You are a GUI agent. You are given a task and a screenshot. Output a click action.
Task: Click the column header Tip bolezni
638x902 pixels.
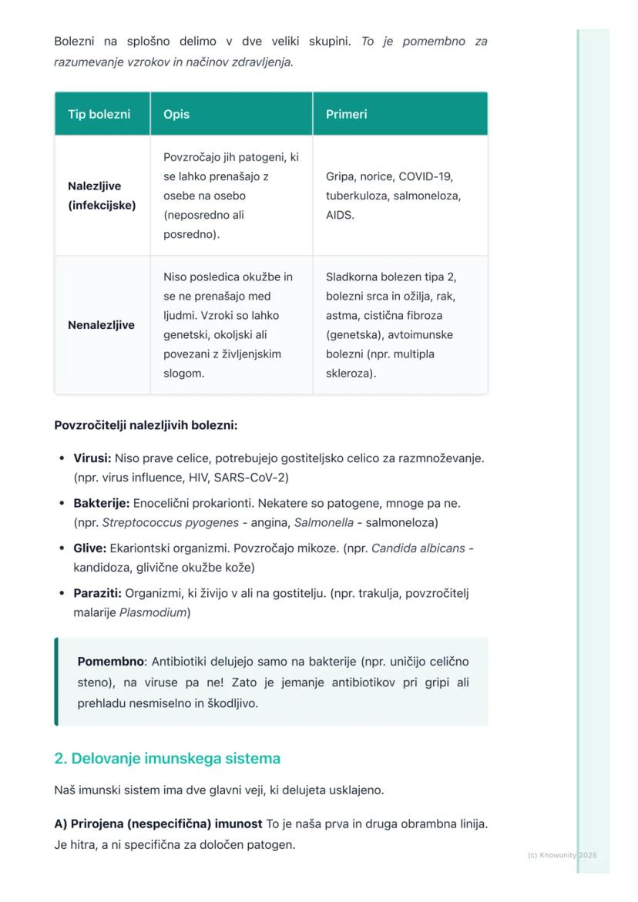tap(99, 114)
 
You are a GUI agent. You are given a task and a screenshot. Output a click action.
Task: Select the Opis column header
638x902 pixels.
tap(176, 114)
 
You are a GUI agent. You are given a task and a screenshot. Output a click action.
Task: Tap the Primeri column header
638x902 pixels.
tap(346, 114)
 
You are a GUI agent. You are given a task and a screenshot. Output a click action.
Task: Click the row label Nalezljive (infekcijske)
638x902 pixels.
tap(101, 196)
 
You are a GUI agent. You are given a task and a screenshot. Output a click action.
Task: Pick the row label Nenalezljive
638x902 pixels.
tap(101, 325)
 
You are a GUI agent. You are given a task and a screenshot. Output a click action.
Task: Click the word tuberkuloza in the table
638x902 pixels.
tap(357, 196)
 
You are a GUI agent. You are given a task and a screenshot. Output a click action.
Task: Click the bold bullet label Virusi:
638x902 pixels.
tap(92, 458)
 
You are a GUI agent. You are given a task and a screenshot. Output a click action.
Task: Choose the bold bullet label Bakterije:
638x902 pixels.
tap(101, 503)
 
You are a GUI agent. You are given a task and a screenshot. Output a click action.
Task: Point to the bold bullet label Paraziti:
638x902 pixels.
tap(97, 593)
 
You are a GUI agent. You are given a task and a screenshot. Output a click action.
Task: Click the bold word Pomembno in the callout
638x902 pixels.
tap(111, 662)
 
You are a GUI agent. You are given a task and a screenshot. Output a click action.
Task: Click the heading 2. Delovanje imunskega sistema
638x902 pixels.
tap(167, 759)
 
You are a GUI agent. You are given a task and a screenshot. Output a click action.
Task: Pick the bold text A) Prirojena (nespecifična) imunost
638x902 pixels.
tap(158, 824)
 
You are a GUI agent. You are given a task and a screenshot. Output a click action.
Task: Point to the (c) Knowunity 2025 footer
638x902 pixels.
tap(562, 855)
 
